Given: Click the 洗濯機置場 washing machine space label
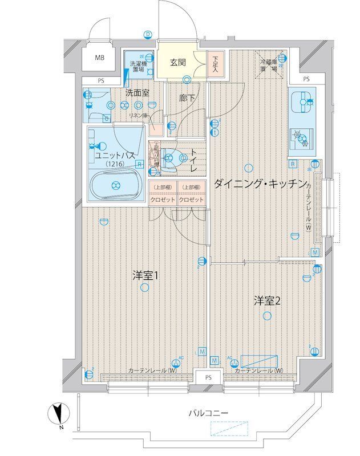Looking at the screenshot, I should [137, 67].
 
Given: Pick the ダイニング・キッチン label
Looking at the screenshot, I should [258, 184].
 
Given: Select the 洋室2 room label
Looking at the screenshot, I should [266, 301].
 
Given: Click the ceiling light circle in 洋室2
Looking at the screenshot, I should [266, 316].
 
